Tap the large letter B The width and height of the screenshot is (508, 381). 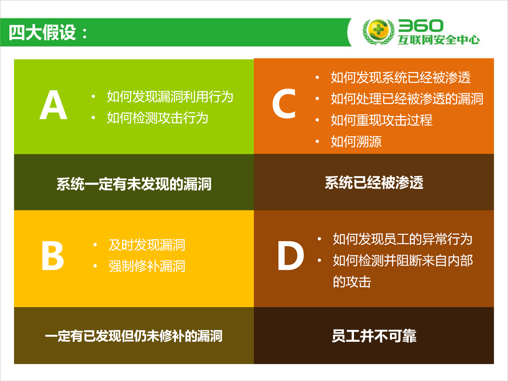[53, 256]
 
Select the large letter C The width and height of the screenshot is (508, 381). [284, 104]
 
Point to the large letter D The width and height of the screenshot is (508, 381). [290, 256]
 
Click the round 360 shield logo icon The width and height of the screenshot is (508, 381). [378, 32]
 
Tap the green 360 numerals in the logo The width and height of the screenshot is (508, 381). [421, 26]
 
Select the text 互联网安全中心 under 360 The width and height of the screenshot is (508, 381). [439, 40]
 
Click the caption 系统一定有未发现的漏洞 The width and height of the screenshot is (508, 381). [134, 184]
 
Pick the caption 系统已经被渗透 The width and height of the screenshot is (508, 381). [374, 183]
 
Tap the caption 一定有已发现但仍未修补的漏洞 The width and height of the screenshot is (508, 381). [134, 336]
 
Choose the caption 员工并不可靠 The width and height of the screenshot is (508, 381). [374, 336]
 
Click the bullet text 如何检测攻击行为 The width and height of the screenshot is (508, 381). [157, 118]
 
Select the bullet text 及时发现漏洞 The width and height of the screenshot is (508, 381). [147, 245]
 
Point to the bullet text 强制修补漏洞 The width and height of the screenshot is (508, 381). [147, 266]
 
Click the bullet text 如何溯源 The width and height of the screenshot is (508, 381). [356, 141]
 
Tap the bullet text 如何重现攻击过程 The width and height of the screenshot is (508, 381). [381, 120]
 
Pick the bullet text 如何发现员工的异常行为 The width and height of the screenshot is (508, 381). [403, 239]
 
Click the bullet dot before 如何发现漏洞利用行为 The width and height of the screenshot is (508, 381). [93, 97]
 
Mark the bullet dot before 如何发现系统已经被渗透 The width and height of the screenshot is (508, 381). [317, 78]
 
